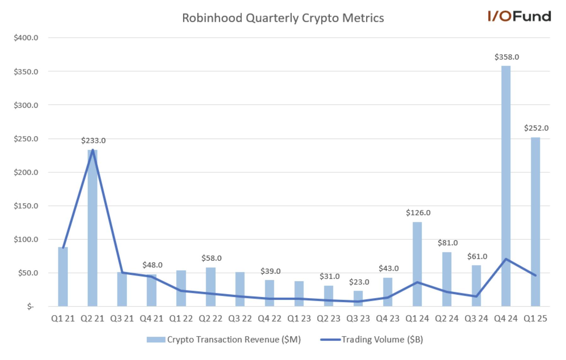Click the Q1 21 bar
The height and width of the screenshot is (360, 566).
coord(63,278)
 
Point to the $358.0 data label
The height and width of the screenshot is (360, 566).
coord(507,57)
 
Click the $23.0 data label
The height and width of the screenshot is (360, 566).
coord(359,282)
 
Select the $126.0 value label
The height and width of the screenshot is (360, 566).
coord(418,213)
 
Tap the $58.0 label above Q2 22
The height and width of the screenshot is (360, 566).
coord(211,258)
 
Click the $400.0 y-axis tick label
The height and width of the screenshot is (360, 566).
coord(26,38)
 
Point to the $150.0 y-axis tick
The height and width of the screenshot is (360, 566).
coord(26,206)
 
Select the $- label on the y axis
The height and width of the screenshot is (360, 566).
coord(30,307)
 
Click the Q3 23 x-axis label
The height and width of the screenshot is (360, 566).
coord(358,319)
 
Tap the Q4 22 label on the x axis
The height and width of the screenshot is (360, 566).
coord(269,319)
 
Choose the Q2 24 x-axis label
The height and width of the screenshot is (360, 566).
coord(447,319)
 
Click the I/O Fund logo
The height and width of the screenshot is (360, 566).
coord(519,16)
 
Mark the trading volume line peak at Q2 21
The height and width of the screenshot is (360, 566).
coord(93,150)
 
